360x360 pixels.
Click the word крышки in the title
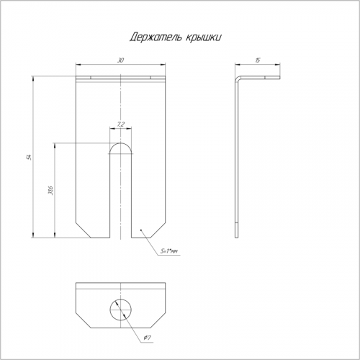pos(203,37)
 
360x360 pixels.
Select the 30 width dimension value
pos(120,60)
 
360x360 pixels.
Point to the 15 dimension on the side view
pos(258,60)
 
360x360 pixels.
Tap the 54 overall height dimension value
pos(30,157)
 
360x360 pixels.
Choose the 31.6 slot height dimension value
pos(51,190)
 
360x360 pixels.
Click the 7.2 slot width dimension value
pos(120,125)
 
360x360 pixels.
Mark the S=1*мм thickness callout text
pos(169,251)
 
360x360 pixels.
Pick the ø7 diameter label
pos(147,338)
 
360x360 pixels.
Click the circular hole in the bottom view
pos(121,310)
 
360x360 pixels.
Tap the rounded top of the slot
pos(120,143)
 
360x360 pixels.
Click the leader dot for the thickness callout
pos(141,230)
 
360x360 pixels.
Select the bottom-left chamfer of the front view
pos(83,230)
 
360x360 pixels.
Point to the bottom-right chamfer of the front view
pos(158,230)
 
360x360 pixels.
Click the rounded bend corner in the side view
pos(238,78)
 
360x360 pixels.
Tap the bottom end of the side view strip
pos(237,238)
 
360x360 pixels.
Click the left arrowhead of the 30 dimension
pos(78,64)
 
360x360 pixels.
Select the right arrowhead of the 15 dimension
pos(277,64)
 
